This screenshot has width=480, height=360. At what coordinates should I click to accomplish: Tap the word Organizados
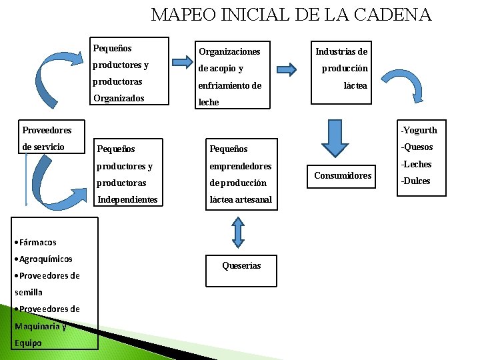click(x=119, y=97)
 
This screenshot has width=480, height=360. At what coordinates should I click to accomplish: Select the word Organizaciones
click(x=229, y=51)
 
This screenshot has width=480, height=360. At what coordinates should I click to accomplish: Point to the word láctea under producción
click(x=355, y=85)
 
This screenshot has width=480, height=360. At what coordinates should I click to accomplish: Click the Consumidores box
click(x=343, y=175)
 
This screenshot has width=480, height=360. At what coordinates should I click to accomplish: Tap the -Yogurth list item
click(x=419, y=130)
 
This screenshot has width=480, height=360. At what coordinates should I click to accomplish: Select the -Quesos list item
click(x=417, y=147)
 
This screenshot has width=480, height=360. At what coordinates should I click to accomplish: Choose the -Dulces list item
click(x=415, y=181)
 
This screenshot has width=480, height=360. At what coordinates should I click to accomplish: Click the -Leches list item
click(x=416, y=164)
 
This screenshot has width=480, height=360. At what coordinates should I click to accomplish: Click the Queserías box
click(x=241, y=265)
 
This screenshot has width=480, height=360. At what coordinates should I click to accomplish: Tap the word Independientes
click(x=127, y=200)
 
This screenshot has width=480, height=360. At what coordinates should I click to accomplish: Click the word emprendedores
click(x=241, y=166)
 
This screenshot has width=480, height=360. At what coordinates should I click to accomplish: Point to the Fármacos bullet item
click(x=37, y=242)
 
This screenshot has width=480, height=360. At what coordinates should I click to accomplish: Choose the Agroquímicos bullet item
click(x=45, y=259)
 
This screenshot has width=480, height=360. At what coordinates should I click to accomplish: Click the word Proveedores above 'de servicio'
click(x=47, y=130)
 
